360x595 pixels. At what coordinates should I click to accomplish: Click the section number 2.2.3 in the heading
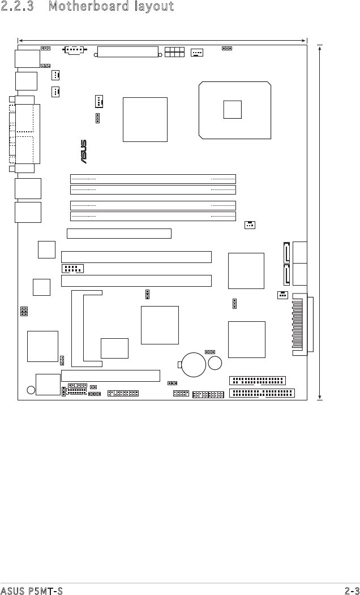click(17, 6)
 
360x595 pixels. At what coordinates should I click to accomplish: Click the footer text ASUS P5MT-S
click(32, 590)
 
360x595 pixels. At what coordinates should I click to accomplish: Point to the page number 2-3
click(352, 590)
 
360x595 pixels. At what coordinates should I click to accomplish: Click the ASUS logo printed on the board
click(83, 152)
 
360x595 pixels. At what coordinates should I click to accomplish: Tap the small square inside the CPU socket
click(233, 109)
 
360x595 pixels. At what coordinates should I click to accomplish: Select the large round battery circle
click(194, 365)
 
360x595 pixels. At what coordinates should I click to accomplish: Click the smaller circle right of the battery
click(215, 363)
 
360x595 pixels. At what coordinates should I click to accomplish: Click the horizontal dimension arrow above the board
click(162, 40)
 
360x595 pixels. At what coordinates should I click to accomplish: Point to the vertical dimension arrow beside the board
click(320, 222)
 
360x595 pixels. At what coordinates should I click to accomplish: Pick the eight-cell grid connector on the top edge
click(175, 52)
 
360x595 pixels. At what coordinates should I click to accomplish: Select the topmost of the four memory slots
click(153, 179)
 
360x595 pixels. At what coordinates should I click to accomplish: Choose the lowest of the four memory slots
click(153, 216)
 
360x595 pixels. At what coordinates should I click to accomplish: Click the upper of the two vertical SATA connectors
click(286, 252)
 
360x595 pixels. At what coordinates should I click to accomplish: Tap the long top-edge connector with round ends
click(128, 52)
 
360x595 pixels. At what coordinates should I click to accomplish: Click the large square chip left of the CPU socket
click(145, 119)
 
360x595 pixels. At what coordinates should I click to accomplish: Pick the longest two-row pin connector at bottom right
click(262, 393)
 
